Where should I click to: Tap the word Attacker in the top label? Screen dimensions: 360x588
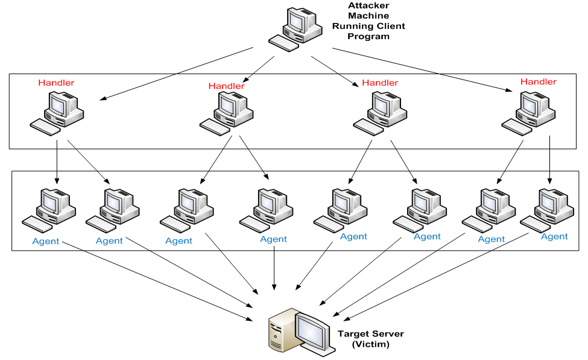368,5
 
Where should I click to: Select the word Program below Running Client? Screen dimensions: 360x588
368,36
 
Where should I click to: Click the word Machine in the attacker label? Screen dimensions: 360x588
368,16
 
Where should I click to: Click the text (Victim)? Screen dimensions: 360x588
370,344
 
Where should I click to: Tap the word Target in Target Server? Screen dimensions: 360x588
353,333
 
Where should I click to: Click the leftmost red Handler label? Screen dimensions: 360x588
56,83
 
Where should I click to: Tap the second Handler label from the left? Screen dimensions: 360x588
226,86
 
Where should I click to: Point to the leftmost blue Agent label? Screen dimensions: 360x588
46,241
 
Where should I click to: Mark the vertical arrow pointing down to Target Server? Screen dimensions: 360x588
274,265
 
